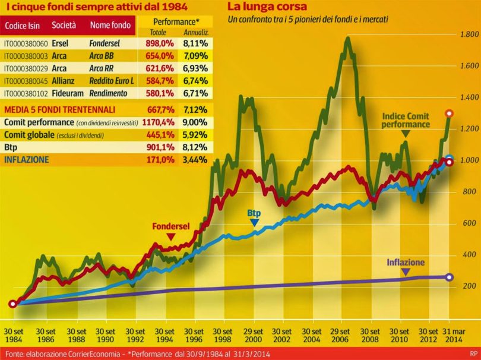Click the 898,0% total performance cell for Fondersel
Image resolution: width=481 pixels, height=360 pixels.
tap(158, 43)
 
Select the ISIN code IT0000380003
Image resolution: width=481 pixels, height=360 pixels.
tap(26, 56)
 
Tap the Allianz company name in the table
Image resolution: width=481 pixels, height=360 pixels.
tap(64, 81)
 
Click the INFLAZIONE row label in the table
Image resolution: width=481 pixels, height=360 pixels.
tap(26, 160)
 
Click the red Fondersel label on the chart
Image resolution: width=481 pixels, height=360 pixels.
tap(170, 226)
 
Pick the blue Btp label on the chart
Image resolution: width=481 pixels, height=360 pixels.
tap(254, 212)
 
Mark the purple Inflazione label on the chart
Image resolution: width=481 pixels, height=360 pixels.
tap(406, 262)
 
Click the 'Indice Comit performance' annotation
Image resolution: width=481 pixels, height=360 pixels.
tap(406, 121)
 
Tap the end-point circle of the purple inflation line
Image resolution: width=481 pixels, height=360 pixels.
tap(450, 277)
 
